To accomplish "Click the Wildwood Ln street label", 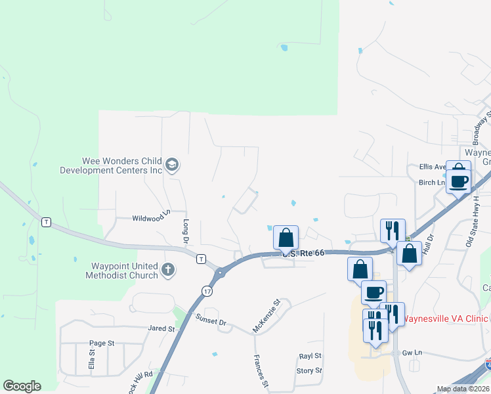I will (152, 217).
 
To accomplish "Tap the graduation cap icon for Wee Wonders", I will (172, 164).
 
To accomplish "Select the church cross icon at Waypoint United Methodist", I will (168, 269).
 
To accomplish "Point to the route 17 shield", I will (208, 290).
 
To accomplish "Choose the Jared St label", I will (161, 328).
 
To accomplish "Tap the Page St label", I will (102, 343).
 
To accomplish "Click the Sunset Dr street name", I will (211, 320).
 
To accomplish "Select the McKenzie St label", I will (267, 315).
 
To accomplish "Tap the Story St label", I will (309, 370).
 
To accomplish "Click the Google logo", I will (22, 386).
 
